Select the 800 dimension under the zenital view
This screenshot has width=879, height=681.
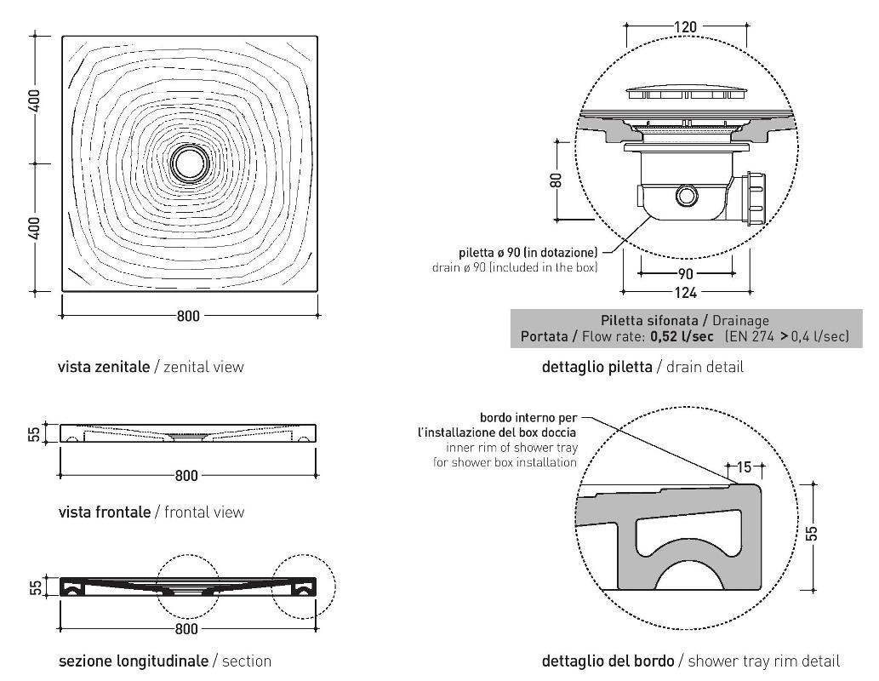click(x=188, y=316)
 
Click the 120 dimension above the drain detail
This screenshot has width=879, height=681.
click(x=685, y=26)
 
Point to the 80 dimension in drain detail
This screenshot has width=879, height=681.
click(x=556, y=180)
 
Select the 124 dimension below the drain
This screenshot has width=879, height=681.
click(x=686, y=294)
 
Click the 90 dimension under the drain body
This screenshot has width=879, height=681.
click(x=686, y=274)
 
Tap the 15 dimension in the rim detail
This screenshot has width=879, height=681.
click(x=745, y=467)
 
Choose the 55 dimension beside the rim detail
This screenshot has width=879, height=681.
click(x=813, y=533)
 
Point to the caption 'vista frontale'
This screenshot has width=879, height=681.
click(x=105, y=512)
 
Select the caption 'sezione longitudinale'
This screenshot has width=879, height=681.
click(x=133, y=661)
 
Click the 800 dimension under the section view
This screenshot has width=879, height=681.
click(x=186, y=629)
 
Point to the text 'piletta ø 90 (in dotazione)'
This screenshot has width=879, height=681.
click(x=528, y=252)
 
